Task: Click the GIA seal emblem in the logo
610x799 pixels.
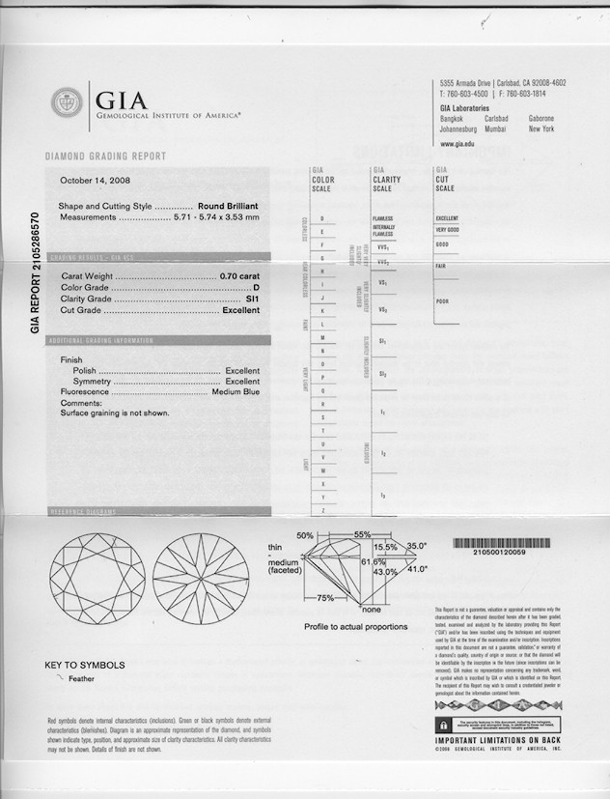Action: coord(67,102)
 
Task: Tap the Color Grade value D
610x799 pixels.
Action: coord(256,288)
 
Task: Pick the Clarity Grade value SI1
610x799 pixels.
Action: coord(253,300)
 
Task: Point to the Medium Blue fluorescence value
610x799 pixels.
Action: coord(236,391)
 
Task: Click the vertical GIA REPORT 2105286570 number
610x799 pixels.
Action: coord(35,273)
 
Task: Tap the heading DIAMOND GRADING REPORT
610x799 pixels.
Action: coord(105,157)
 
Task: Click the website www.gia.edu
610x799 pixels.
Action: coord(457,144)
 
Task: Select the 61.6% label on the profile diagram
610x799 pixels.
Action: coord(374,561)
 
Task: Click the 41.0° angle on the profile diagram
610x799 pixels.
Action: coord(417,569)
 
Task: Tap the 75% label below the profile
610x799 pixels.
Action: coord(325,598)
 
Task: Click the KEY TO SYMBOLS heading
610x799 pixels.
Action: coord(85,665)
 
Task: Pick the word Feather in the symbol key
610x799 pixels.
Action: coord(81,679)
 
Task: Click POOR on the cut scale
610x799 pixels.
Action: coord(441,301)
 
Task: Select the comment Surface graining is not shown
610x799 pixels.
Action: coord(115,413)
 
